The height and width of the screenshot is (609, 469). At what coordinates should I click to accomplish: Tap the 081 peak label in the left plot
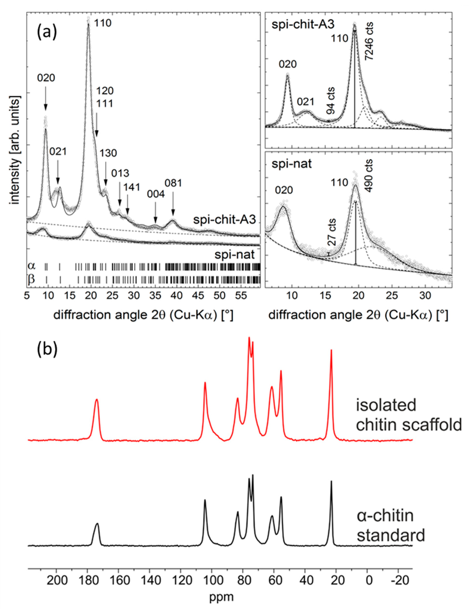173,183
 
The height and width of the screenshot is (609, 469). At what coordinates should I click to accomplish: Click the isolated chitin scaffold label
409,415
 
